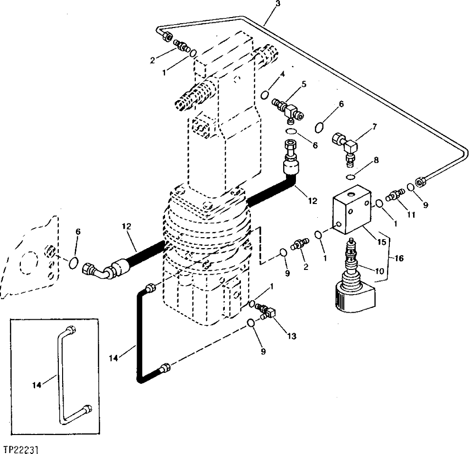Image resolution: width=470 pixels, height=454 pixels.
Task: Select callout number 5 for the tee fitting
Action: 304,84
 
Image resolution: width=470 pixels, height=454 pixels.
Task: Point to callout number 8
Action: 376,160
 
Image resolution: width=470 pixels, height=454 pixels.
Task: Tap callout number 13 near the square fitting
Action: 291,336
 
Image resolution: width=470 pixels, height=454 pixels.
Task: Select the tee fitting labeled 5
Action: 287,107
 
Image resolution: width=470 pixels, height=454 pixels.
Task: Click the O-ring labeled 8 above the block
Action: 350,177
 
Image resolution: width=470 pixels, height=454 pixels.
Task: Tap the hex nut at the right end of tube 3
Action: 420,182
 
